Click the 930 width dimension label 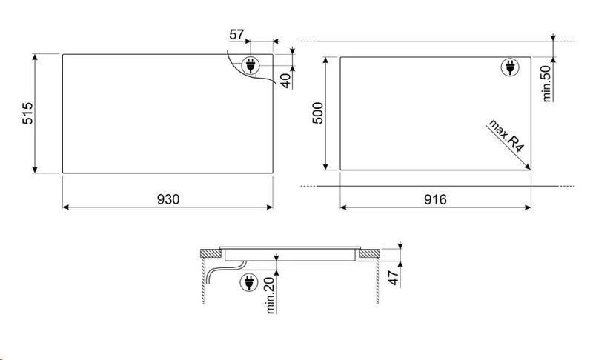coord(168,199)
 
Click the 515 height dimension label coord(27,113)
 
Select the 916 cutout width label coord(435,199)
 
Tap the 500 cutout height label coord(318,113)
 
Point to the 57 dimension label coord(236,34)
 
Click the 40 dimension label coord(286,81)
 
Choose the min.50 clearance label coord(547,84)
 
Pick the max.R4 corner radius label coord(506,136)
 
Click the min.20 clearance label coord(271,295)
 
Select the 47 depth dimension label coord(394,278)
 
